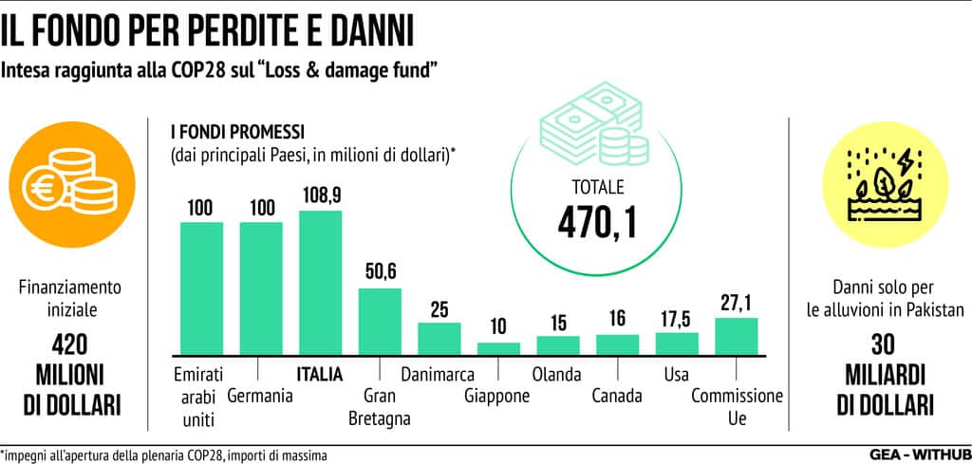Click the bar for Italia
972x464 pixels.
pyautogui.click(x=320, y=282)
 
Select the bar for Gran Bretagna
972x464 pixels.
pyautogui.click(x=379, y=321)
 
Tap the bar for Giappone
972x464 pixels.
pyautogui.click(x=498, y=347)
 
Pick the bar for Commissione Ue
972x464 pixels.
pyautogui.click(x=736, y=335)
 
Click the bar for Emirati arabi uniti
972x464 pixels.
pyautogui.click(x=201, y=288)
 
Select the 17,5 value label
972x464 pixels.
pyautogui.click(x=677, y=318)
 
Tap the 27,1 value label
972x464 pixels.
pyautogui.click(x=737, y=303)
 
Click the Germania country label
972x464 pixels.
pyautogui.click(x=259, y=396)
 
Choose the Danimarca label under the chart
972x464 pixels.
pyautogui.click(x=438, y=373)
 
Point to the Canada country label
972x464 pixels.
pyautogui.click(x=616, y=396)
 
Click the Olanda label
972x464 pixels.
pyautogui.click(x=557, y=373)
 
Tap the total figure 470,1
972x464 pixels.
pyautogui.click(x=597, y=220)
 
